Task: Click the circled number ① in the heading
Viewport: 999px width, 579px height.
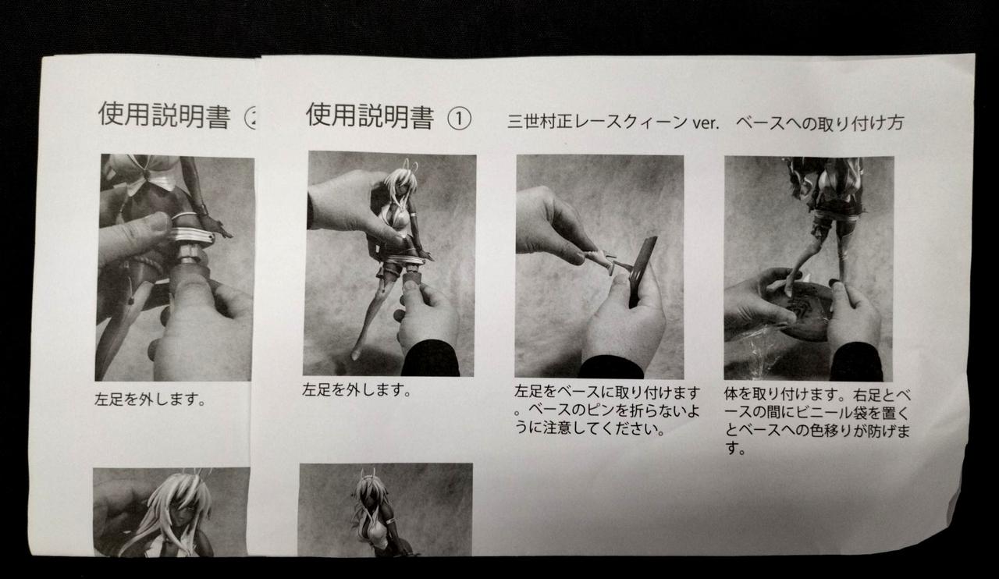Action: click(x=459, y=119)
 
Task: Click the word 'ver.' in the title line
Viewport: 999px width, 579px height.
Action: click(x=706, y=123)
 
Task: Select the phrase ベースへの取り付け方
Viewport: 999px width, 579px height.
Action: click(x=819, y=123)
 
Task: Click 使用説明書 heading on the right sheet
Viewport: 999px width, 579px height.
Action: click(x=370, y=116)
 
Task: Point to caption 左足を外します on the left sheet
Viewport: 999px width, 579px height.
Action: click(x=149, y=400)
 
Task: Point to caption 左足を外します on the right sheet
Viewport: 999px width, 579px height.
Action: click(x=356, y=390)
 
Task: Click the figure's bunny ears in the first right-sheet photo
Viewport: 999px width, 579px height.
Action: click(x=411, y=169)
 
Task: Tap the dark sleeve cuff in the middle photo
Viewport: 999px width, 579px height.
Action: click(x=611, y=367)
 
